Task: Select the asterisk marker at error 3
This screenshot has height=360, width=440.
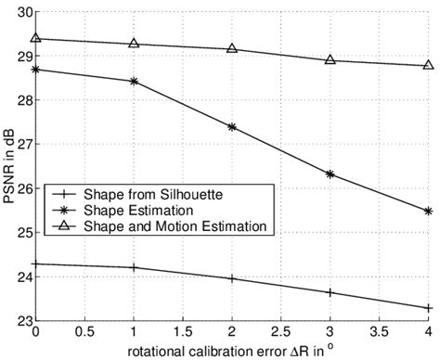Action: click(x=330, y=174)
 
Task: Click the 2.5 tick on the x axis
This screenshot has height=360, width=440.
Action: click(x=281, y=332)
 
